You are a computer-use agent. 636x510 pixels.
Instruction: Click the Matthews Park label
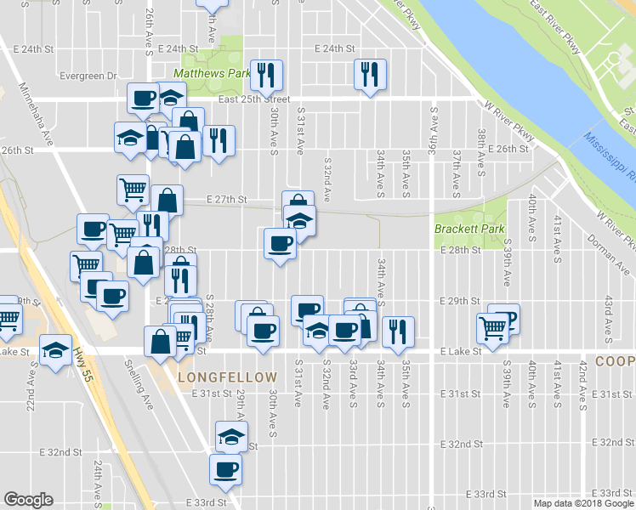(x=213, y=74)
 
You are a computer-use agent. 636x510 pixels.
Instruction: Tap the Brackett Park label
(x=469, y=229)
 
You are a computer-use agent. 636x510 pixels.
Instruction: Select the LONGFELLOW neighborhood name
(x=228, y=377)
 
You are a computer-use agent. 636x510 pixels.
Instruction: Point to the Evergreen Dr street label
(x=88, y=76)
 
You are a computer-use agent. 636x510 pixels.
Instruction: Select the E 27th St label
(x=228, y=200)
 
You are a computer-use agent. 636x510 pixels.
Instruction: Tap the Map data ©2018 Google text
(x=583, y=503)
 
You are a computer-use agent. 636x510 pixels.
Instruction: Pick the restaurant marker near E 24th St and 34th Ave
(x=370, y=74)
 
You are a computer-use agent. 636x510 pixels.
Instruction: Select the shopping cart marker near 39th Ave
(x=492, y=326)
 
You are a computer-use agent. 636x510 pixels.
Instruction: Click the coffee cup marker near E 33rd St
(x=226, y=469)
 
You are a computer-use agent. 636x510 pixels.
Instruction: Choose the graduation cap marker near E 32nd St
(x=230, y=437)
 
